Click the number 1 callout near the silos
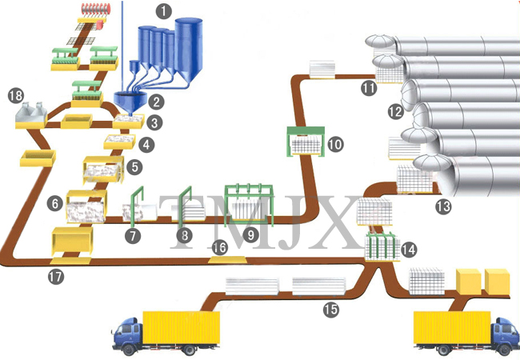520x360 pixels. (x=164, y=11)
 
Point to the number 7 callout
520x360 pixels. (x=133, y=236)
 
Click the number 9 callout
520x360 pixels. (x=253, y=236)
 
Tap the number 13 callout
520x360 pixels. (x=443, y=206)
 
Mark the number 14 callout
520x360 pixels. (x=410, y=250)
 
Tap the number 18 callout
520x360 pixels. (x=15, y=96)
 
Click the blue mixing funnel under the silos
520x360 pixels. (x=127, y=100)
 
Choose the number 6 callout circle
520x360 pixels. (x=55, y=204)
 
